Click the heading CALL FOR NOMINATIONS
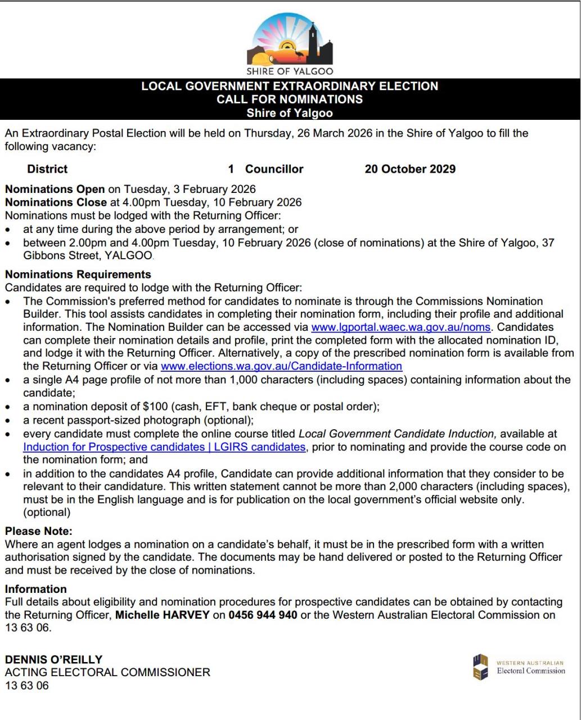[x=290, y=100]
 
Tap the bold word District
[x=47, y=169]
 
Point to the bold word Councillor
[x=274, y=169]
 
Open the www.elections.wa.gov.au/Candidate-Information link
[x=281, y=366]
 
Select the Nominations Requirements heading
[x=78, y=274]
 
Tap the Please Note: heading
[x=38, y=530]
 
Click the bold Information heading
[x=35, y=589]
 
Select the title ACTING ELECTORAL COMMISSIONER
[x=107, y=672]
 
